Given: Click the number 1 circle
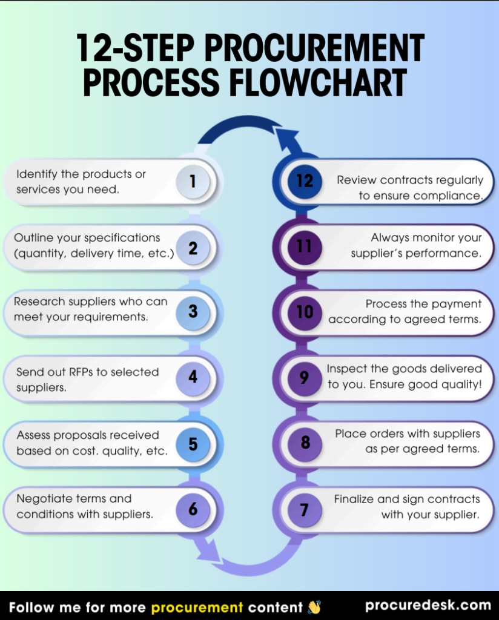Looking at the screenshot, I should [193, 181].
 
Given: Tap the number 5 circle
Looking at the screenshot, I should [193, 444].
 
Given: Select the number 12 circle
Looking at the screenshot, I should [305, 181].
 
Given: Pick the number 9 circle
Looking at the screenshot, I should [305, 378].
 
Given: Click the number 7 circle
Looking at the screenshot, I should [305, 510].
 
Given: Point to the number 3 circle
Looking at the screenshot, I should [193, 312].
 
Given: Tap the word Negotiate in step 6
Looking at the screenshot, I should [44, 499].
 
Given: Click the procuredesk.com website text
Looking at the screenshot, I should [428, 605].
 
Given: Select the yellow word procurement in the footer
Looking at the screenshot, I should [197, 607].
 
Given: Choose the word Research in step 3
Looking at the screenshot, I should [40, 302].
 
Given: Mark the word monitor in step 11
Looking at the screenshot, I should [435, 238].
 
